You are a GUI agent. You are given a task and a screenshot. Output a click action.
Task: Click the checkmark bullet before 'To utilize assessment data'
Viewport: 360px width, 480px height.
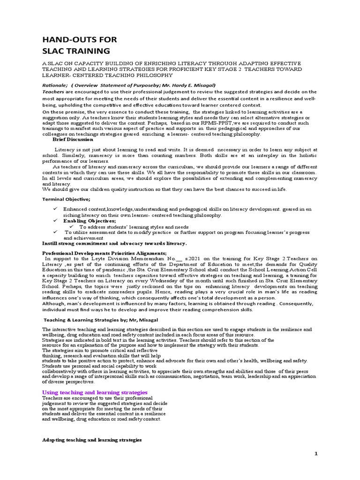click(55, 232)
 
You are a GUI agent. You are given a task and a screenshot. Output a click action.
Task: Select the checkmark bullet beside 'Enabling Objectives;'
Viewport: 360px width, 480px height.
click(55, 220)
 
